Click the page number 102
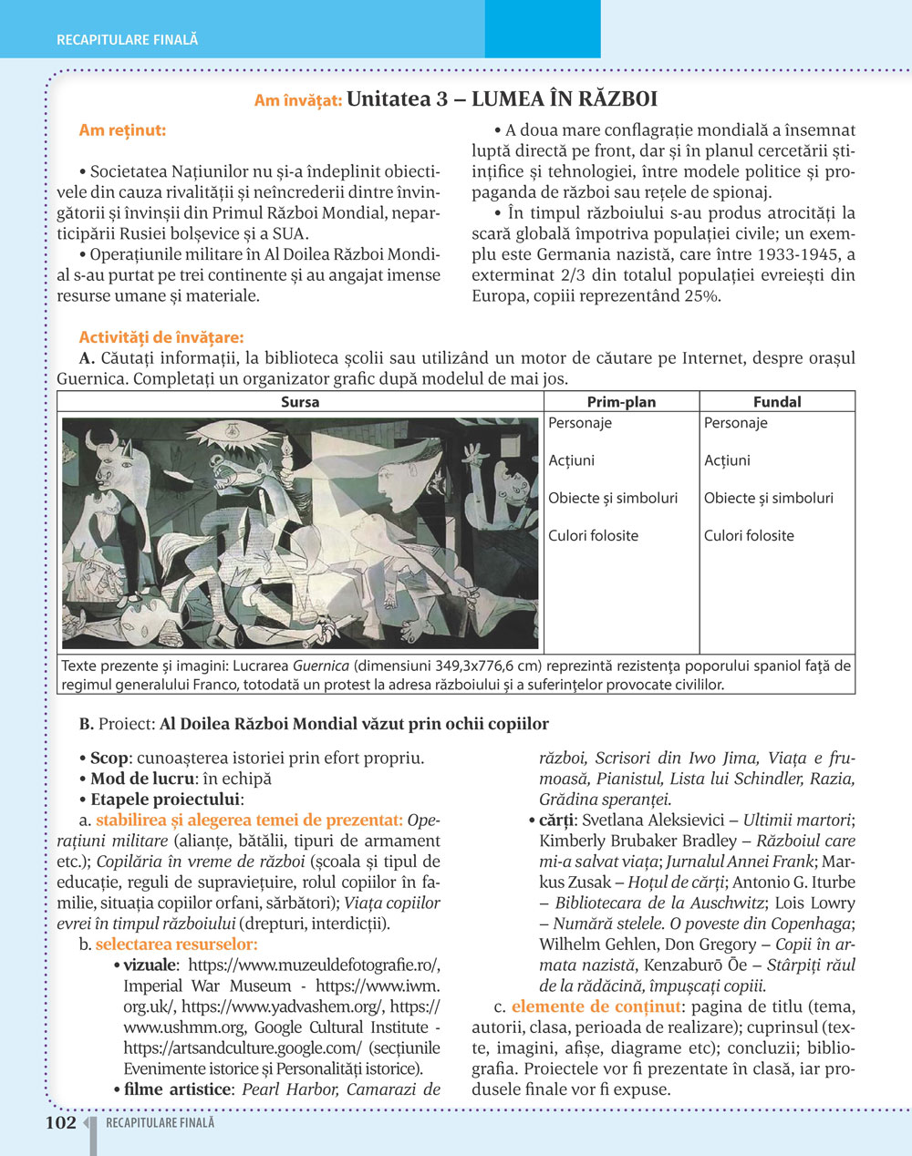pos(61,1123)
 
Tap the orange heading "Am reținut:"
pos(122,130)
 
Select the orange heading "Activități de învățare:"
pos(161,338)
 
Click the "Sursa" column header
pos(300,401)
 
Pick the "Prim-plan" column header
pos(621,401)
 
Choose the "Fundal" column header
pos(777,401)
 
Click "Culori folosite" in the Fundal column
pos(749,535)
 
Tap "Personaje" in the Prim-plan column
pos(580,423)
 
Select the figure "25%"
pos(701,296)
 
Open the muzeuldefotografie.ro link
pos(314,965)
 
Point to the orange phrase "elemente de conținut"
pos(596,1006)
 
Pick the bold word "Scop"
pos(109,758)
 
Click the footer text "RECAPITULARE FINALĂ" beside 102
pos(161,1123)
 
